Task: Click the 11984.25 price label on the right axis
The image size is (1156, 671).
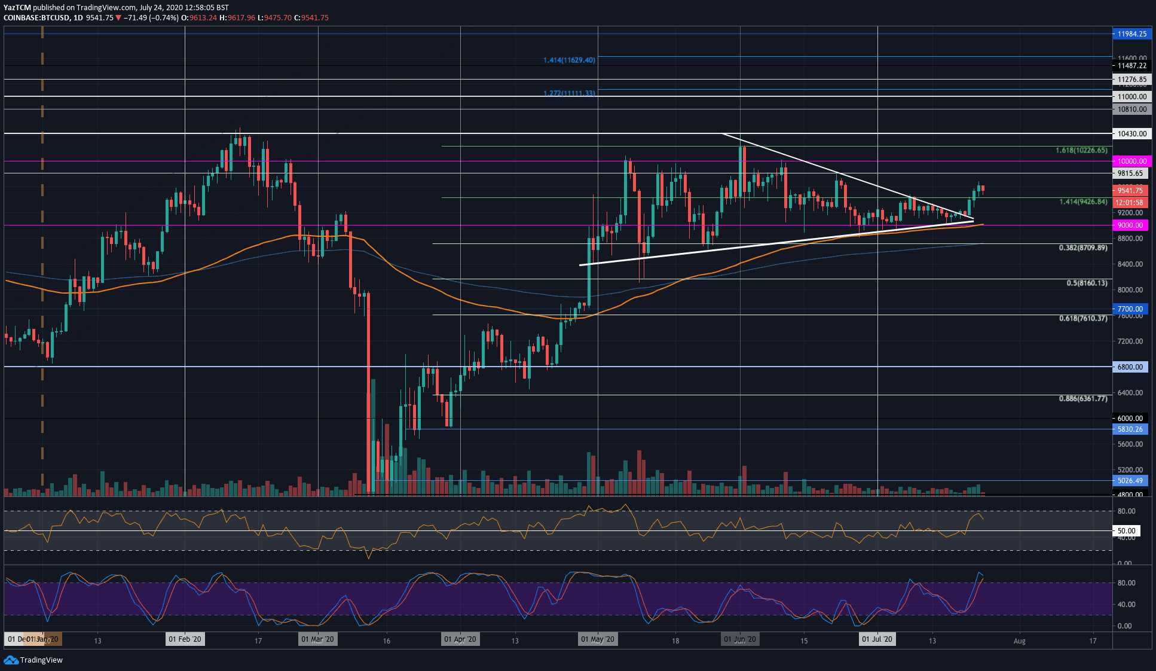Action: (1131, 33)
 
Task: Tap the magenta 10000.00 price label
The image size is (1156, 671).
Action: (1131, 161)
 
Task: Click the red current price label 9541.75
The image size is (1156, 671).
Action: (1130, 191)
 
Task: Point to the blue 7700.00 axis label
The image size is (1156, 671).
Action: (1130, 309)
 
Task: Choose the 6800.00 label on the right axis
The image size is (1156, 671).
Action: (1130, 367)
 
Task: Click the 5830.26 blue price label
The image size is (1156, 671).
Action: (1130, 429)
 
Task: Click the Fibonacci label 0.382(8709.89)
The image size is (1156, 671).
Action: (1082, 248)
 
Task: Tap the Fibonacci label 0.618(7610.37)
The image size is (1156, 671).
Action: (1082, 319)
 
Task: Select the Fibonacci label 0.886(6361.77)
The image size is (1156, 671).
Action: (1082, 399)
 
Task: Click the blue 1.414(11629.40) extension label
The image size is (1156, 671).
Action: (569, 60)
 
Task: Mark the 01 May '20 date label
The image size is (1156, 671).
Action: (598, 639)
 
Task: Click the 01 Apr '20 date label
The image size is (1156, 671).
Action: (460, 639)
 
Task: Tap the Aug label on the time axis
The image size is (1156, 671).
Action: (1019, 641)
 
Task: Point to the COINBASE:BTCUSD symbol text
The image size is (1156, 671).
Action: (35, 18)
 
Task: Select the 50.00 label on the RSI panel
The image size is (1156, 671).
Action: (1126, 531)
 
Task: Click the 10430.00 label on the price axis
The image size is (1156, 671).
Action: (1131, 134)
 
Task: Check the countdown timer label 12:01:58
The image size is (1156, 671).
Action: (1129, 203)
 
